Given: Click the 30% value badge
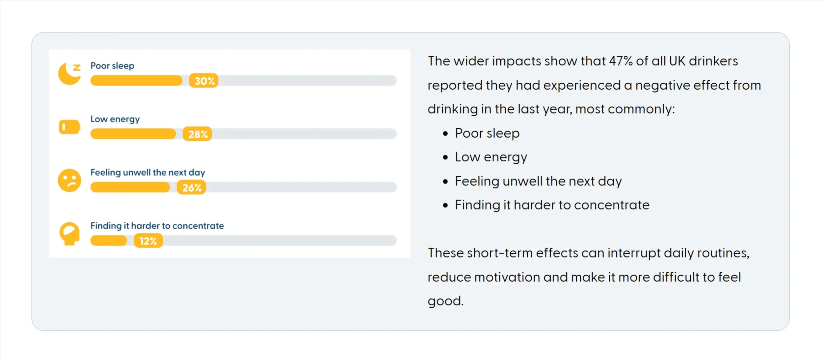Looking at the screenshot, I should (204, 81).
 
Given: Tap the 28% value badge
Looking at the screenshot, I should (198, 134).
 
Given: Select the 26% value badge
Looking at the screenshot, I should (191, 187).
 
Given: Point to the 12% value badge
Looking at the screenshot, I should (148, 241).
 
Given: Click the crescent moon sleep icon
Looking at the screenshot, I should (69, 74).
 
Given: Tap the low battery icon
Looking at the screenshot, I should (69, 127).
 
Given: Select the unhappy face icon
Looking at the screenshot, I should (69, 180).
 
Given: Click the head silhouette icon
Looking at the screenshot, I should (69, 234).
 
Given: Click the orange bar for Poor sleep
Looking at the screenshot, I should (136, 81).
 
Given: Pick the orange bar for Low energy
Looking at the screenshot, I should (133, 134).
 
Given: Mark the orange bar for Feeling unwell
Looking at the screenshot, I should (130, 187).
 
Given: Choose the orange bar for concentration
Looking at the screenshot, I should (109, 241).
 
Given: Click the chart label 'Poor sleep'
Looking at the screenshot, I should (112, 66).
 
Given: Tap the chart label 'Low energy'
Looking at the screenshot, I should (115, 119).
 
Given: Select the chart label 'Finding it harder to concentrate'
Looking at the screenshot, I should (157, 226).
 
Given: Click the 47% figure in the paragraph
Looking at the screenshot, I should (621, 61).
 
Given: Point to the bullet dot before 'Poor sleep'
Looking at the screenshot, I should (445, 134).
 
